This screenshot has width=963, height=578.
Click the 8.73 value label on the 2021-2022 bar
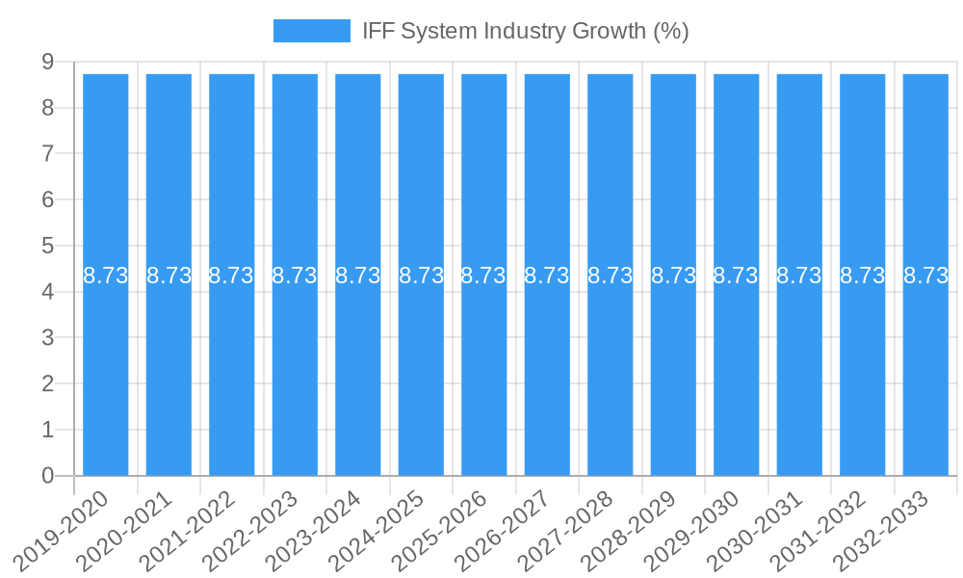pyautogui.click(x=231, y=276)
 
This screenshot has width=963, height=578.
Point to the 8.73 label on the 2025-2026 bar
pyautogui.click(x=483, y=276)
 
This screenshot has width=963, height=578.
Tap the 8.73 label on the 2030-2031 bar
pyautogui.click(x=799, y=276)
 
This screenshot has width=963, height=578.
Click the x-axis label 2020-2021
pyautogui.click(x=125, y=528)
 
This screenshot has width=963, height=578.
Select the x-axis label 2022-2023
pyautogui.click(x=251, y=528)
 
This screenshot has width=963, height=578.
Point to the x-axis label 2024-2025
pyautogui.click(x=377, y=528)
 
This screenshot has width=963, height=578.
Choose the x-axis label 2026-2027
pyautogui.click(x=504, y=528)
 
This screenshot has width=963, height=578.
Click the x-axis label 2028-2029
pyautogui.click(x=630, y=528)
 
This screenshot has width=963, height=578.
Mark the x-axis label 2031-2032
pyautogui.click(x=820, y=528)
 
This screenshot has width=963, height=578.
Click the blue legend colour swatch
pyautogui.click(x=312, y=31)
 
